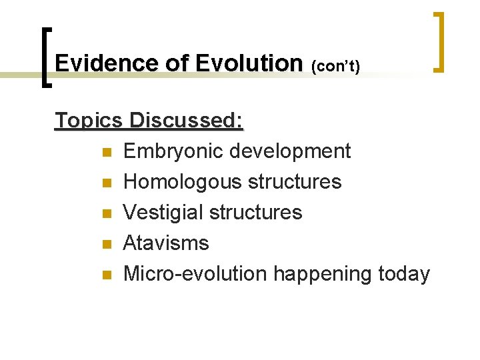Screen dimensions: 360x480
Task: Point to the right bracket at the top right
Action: click(438, 41)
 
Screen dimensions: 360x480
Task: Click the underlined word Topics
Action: click(89, 121)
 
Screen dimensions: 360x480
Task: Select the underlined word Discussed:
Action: click(187, 121)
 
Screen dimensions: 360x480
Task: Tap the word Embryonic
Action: click(173, 151)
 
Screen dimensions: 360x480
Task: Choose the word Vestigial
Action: click(164, 213)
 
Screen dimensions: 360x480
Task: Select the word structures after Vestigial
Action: click(255, 213)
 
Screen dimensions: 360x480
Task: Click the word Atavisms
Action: click(166, 243)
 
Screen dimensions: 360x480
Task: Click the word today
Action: click(404, 274)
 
